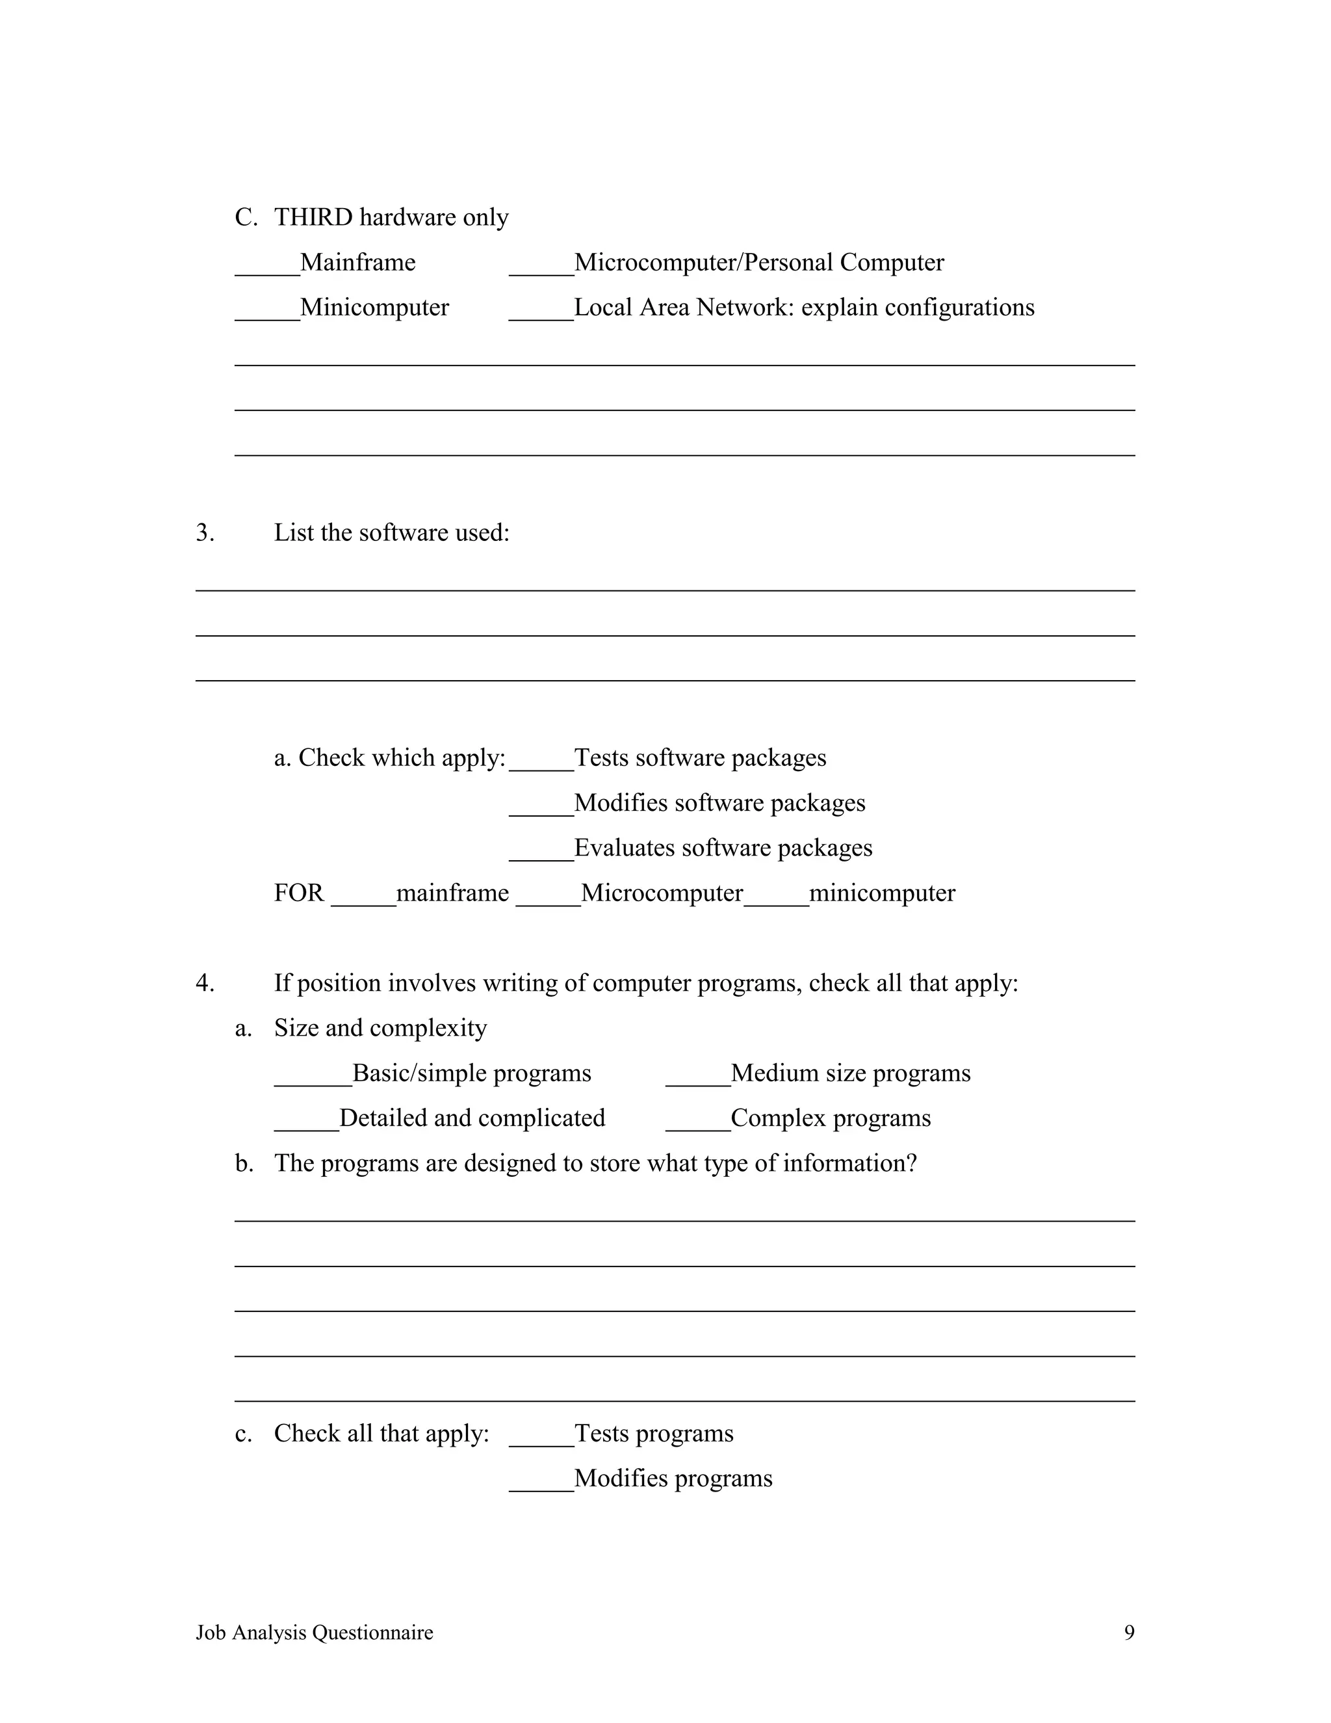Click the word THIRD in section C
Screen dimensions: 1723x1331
click(x=313, y=217)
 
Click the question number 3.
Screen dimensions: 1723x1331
click(x=204, y=533)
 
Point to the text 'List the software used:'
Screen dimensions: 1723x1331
click(x=391, y=533)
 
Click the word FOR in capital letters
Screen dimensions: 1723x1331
click(x=299, y=893)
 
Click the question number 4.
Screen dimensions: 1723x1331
click(x=204, y=983)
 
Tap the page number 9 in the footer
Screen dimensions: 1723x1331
click(x=1129, y=1632)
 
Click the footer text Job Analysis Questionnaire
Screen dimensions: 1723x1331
click(x=314, y=1632)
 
